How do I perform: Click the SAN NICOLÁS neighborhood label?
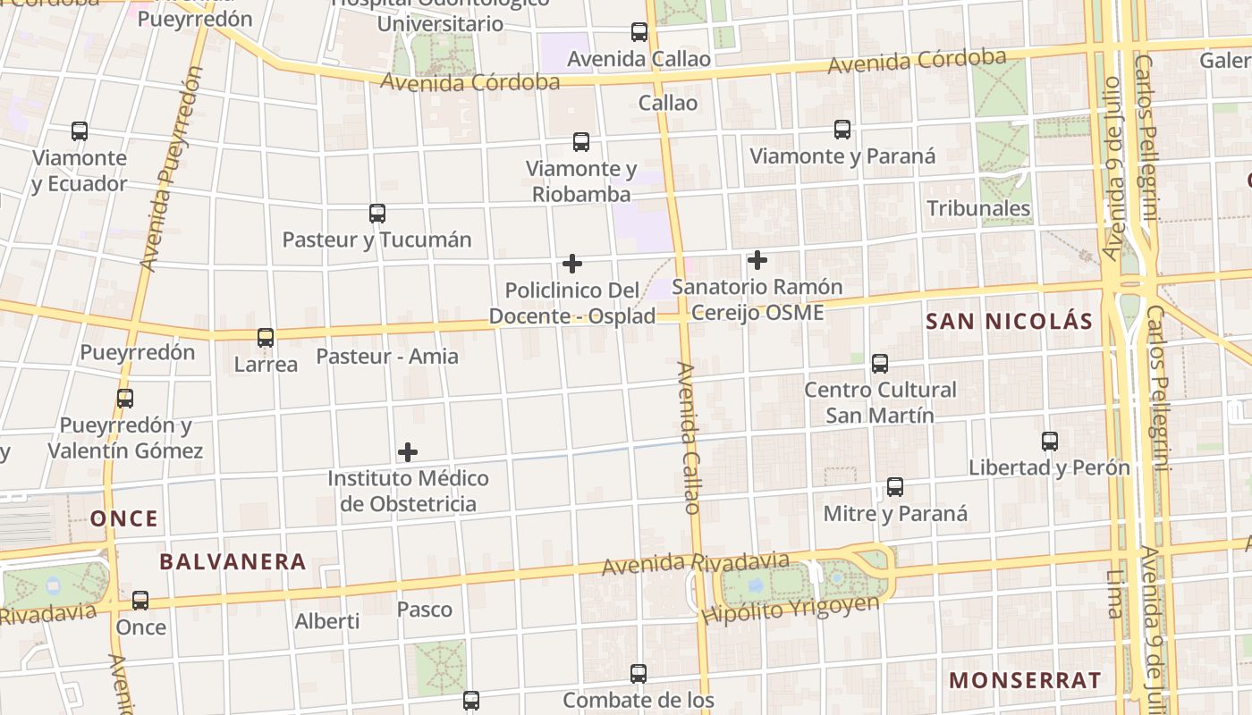tap(1009, 322)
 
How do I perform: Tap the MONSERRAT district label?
tap(1025, 680)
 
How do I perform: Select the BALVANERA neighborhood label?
tap(233, 562)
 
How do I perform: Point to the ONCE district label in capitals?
tap(124, 518)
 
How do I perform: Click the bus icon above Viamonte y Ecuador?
tap(80, 131)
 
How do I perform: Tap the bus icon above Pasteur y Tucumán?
tap(377, 214)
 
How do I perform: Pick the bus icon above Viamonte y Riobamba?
tap(581, 142)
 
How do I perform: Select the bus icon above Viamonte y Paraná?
tap(842, 130)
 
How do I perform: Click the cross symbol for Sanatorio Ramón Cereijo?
tap(757, 260)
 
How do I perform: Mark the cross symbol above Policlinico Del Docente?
tap(572, 264)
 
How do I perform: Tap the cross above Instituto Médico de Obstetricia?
tap(408, 452)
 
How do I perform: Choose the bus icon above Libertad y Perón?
tap(1050, 442)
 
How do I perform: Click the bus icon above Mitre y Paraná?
tap(895, 487)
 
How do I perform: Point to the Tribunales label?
tap(978, 208)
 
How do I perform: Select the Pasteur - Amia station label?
tap(387, 357)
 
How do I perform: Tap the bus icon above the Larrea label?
tap(266, 338)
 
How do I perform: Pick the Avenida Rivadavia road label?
tap(695, 564)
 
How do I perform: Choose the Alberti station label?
tap(327, 620)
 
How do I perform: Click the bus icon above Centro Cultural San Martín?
tap(880, 364)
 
